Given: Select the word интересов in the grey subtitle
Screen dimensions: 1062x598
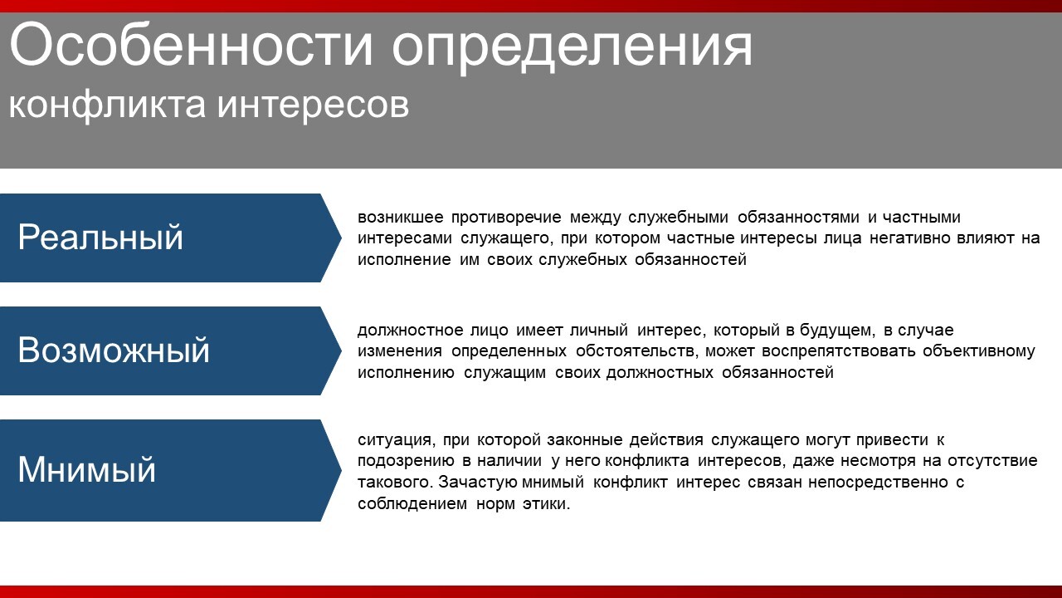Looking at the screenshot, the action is [313, 105].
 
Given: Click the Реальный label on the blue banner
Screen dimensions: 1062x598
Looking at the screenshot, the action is [100, 238].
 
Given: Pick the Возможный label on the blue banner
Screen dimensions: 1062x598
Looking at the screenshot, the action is [114, 350].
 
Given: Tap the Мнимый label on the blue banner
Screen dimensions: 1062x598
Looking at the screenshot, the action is [87, 469].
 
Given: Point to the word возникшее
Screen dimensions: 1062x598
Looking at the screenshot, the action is [400, 218].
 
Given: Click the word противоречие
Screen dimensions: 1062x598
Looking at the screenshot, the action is [506, 218].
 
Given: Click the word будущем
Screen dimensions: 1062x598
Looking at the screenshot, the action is [837, 331].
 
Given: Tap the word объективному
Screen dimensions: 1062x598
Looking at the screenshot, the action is [978, 351].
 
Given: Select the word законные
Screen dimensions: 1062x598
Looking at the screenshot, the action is [585, 440].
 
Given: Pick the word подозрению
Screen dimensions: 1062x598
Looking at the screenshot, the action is [406, 461].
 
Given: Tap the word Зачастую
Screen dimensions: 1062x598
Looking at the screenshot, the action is [478, 483].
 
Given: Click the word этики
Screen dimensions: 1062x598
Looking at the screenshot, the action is [546, 503].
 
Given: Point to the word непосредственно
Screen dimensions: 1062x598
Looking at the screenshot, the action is [878, 483].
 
